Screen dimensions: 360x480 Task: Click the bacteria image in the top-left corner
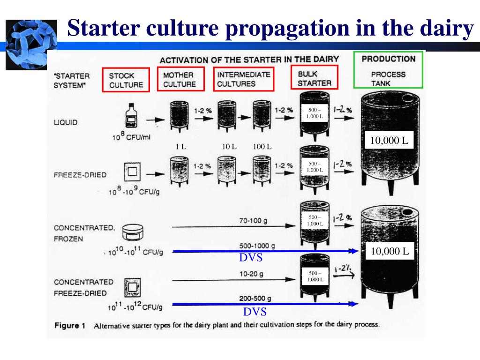(x=31, y=45)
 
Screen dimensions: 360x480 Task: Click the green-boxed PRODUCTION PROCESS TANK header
(x=389, y=70)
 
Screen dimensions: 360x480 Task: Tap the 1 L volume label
(x=181, y=146)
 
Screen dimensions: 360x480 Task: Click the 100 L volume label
(x=262, y=146)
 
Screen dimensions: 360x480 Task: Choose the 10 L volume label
(x=229, y=146)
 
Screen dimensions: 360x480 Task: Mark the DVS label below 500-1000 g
(x=251, y=258)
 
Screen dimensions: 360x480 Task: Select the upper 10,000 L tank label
(x=389, y=140)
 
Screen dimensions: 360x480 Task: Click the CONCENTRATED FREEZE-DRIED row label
(x=83, y=287)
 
